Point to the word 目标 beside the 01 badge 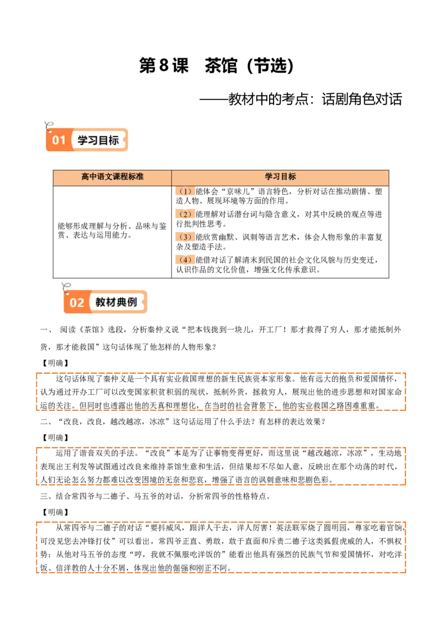(108, 140)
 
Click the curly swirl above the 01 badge (49, 124)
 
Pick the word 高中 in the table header (89, 177)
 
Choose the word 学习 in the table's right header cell (272, 177)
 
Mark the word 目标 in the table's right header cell (288, 177)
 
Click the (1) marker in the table (185, 191)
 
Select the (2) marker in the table (185, 214)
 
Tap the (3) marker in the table (185, 237)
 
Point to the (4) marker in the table (185, 259)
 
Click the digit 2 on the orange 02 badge (80, 302)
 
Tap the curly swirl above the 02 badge (67, 286)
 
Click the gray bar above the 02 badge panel (106, 275)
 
